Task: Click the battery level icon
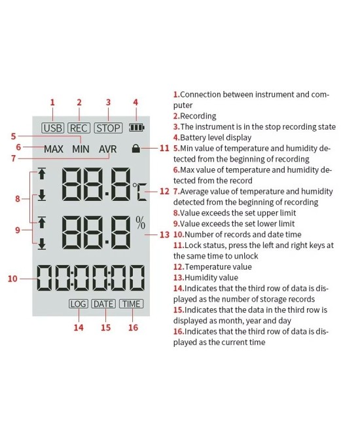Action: [x=136, y=128]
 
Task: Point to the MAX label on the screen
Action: [x=54, y=149]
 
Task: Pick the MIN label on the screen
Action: [x=81, y=149]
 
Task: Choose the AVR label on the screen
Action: [x=108, y=149]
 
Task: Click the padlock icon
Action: [x=135, y=149]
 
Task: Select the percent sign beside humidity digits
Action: [x=140, y=223]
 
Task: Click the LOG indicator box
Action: [x=78, y=304]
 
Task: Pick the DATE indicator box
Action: [x=103, y=304]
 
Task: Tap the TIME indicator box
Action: [x=131, y=304]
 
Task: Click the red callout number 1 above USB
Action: [x=52, y=102]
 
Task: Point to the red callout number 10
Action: [x=12, y=278]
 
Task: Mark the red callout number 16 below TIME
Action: [x=133, y=327]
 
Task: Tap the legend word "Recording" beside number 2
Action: [x=199, y=116]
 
